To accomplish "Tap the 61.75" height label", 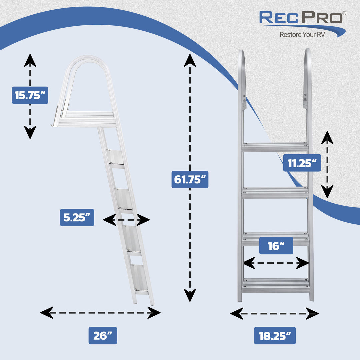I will click(190, 180).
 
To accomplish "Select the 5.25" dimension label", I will click(77, 217).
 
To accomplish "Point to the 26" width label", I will click(103, 335).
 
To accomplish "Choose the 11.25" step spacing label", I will click(302, 163).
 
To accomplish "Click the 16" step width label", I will click(276, 246).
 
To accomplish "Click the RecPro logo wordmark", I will click(301, 18).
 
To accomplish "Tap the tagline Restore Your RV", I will click(302, 34).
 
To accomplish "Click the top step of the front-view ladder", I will click(275, 147).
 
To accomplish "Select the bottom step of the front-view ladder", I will click(275, 285).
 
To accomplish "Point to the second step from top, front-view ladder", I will click(275, 192).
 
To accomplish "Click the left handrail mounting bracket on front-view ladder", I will click(244, 100).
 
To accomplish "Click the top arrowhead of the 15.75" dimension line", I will click(30, 60).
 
